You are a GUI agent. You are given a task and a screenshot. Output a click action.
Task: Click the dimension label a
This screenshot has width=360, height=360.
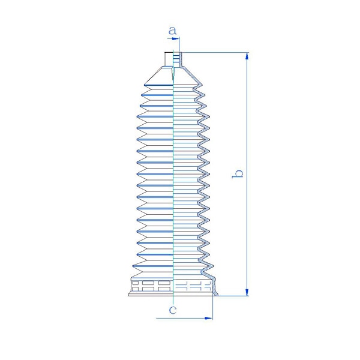pos(172,31)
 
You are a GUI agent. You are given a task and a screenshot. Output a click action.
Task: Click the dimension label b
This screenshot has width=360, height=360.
pos(238,174)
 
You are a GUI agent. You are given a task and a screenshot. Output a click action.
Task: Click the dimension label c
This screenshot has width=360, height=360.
pos(173,310)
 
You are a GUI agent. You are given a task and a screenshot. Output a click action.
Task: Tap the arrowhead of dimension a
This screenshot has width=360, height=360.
pos(176,38)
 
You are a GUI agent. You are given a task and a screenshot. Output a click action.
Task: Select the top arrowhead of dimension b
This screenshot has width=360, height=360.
pos(247,56)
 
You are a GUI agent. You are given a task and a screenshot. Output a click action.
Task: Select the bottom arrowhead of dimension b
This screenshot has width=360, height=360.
pos(247,292)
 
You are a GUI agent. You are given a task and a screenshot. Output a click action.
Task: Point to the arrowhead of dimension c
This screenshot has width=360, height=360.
pos(208,318)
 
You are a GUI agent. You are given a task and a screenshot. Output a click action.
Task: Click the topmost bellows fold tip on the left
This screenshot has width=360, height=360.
pos(145,85)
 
